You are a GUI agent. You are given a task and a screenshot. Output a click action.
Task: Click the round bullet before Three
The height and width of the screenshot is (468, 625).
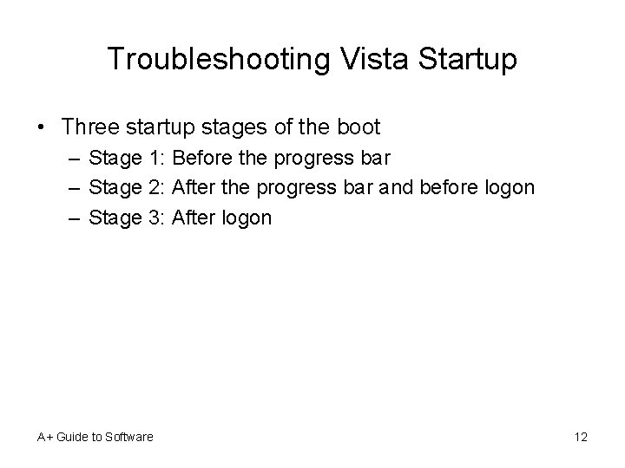(43, 127)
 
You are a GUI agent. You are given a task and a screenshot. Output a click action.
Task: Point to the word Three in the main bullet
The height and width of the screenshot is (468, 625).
(92, 127)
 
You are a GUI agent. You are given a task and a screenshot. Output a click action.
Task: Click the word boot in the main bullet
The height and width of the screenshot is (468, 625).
(356, 127)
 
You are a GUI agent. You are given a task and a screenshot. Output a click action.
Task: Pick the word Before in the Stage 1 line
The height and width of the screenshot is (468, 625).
(202, 159)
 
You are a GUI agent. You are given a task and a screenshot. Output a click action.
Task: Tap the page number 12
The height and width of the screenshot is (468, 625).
(581, 437)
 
